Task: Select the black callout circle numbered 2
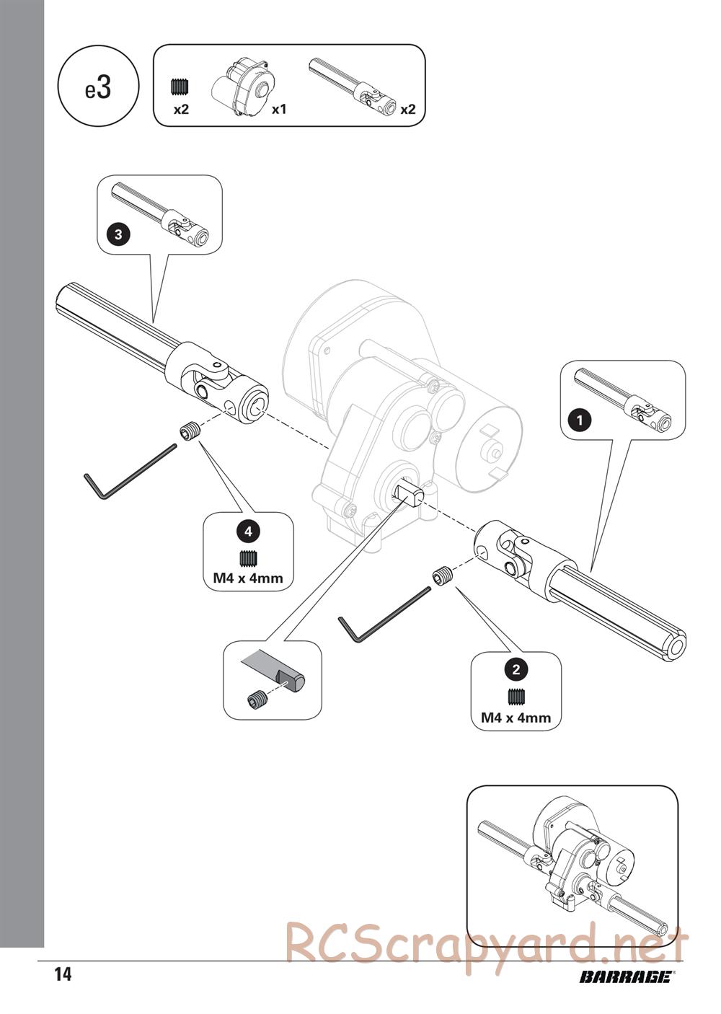pyautogui.click(x=516, y=669)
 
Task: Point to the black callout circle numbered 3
pyautogui.click(x=118, y=234)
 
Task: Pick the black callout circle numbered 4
pyautogui.click(x=248, y=532)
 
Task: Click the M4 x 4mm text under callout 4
pyautogui.click(x=248, y=578)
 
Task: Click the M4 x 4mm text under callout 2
pyautogui.click(x=516, y=718)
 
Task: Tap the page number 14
pyautogui.click(x=63, y=975)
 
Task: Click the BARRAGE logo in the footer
pyautogui.click(x=625, y=977)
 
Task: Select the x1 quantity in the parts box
pyautogui.click(x=279, y=110)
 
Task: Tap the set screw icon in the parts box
pyautogui.click(x=180, y=87)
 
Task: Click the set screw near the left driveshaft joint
pyautogui.click(x=189, y=432)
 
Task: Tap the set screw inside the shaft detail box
pyautogui.click(x=256, y=699)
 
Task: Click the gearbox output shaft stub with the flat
pyautogui.click(x=409, y=495)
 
